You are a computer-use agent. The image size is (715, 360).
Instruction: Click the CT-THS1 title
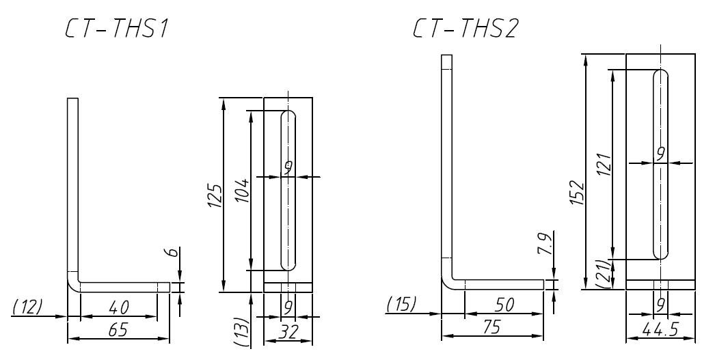pos(118,29)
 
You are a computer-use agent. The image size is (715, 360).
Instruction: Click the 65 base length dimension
pos(118,331)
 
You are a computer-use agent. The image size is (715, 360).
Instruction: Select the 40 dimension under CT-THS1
pos(118,309)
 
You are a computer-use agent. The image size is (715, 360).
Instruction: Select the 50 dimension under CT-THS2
pos(504,307)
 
